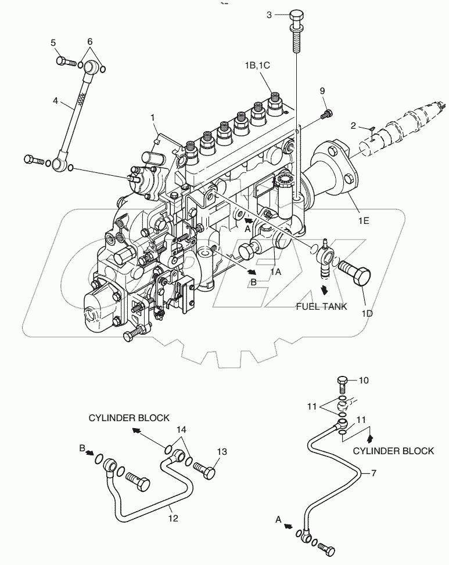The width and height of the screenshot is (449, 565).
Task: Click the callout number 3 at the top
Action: click(269, 15)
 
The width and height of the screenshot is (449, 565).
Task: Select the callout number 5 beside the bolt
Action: click(53, 42)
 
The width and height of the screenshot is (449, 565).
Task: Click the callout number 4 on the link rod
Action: click(56, 100)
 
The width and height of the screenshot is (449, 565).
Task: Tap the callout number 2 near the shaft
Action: click(353, 125)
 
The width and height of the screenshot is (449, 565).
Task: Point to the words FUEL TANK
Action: click(321, 306)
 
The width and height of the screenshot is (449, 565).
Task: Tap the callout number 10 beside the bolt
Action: click(364, 381)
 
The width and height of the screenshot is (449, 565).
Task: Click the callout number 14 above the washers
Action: click(182, 430)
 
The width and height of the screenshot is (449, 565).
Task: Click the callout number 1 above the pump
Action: click(153, 117)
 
